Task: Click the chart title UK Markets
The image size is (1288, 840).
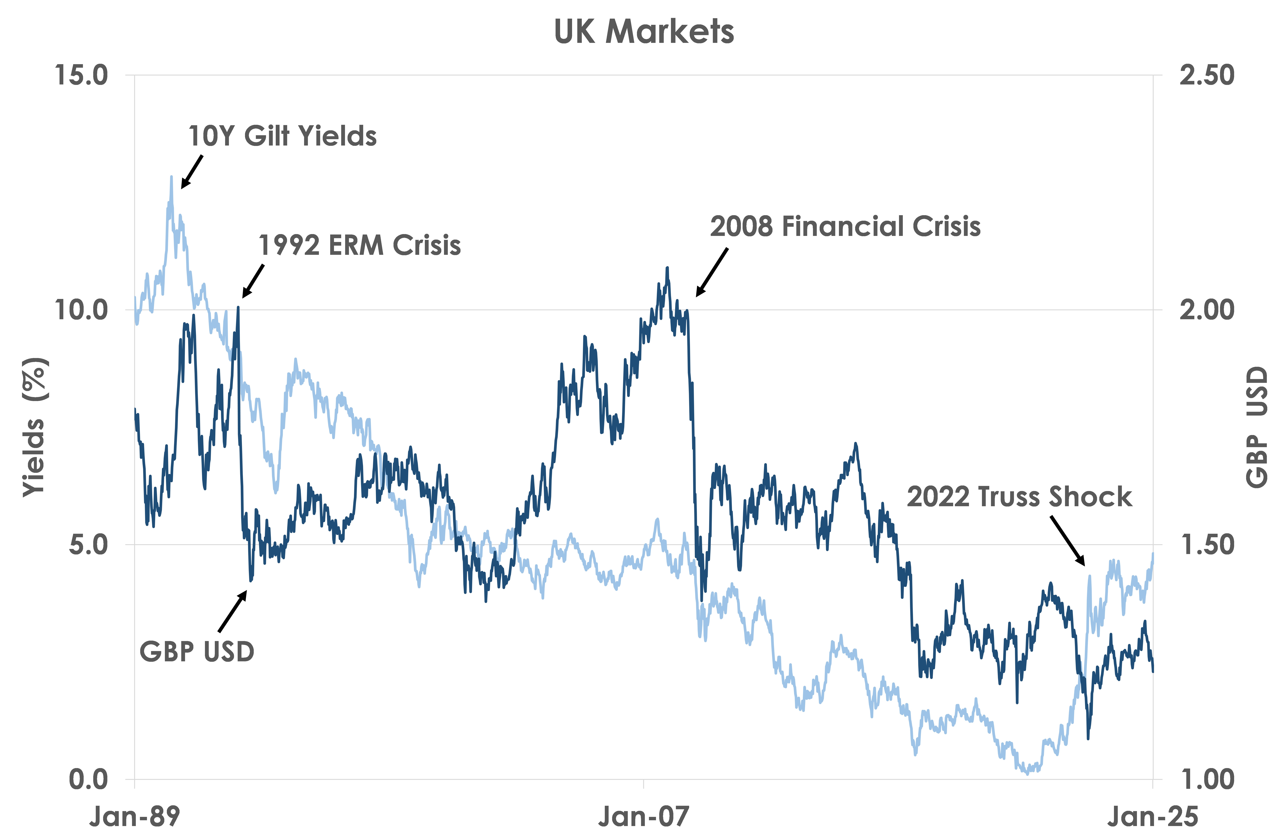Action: pos(644,31)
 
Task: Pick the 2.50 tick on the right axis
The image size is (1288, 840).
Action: pos(1207,75)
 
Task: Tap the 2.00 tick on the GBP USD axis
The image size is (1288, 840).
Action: pos(1207,310)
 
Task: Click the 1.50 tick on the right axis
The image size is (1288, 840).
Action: pos(1207,545)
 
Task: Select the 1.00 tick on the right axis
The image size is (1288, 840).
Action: pos(1207,779)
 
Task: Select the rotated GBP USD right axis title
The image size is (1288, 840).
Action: pos(1257,427)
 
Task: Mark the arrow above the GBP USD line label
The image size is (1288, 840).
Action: pos(233,611)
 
